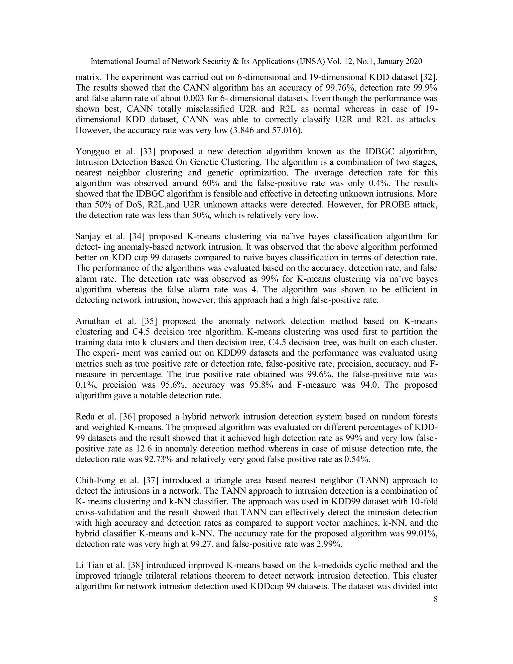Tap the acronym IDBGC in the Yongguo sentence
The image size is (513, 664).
383,151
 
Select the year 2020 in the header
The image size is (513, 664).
414,62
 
